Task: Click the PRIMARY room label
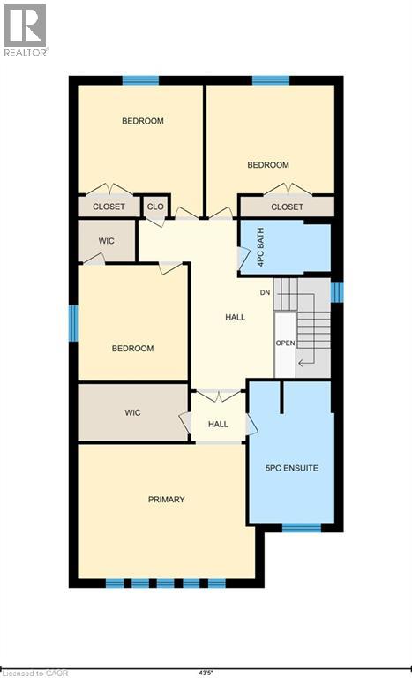coord(166,500)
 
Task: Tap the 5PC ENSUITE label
coord(292,467)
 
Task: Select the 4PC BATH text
coord(260,245)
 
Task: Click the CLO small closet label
coord(155,207)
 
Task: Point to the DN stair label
coord(265,292)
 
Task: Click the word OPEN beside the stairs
coord(284,343)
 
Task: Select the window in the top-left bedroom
coord(140,81)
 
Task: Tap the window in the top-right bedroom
coord(271,81)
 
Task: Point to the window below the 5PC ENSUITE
coord(301,528)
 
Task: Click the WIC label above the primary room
coord(132,412)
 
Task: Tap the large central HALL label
coord(236,317)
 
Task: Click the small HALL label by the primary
coord(218,425)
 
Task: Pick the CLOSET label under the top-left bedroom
coord(109,207)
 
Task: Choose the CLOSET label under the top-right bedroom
coord(287,207)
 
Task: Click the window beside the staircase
coord(335,291)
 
